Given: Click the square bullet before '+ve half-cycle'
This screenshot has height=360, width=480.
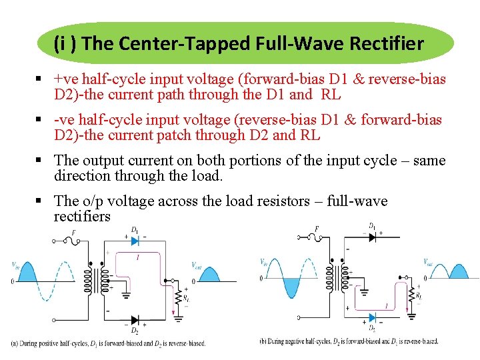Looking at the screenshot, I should [41, 80].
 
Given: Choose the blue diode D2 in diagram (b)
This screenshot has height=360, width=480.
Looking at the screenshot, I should [372, 319].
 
